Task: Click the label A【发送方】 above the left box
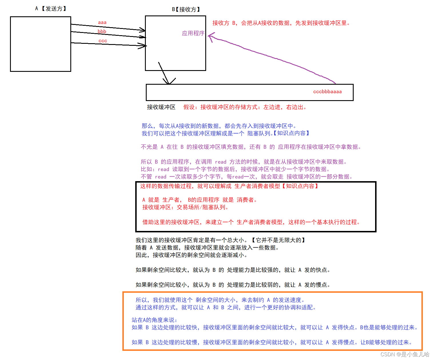51,9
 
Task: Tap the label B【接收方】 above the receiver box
186,9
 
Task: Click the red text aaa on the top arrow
102,22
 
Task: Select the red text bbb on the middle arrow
102,31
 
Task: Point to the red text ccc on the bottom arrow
103,41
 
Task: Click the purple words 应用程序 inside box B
193,33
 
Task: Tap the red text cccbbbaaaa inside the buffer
327,92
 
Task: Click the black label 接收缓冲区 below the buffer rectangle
161,107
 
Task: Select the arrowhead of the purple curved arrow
211,36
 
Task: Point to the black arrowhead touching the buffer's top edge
169,82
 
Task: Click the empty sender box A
40,44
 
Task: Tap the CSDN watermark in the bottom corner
405,354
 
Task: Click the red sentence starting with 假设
245,107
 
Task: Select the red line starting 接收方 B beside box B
281,23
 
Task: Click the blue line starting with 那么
219,126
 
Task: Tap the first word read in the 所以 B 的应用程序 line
220,162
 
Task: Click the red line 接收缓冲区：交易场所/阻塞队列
185,207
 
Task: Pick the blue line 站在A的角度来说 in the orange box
154,320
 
